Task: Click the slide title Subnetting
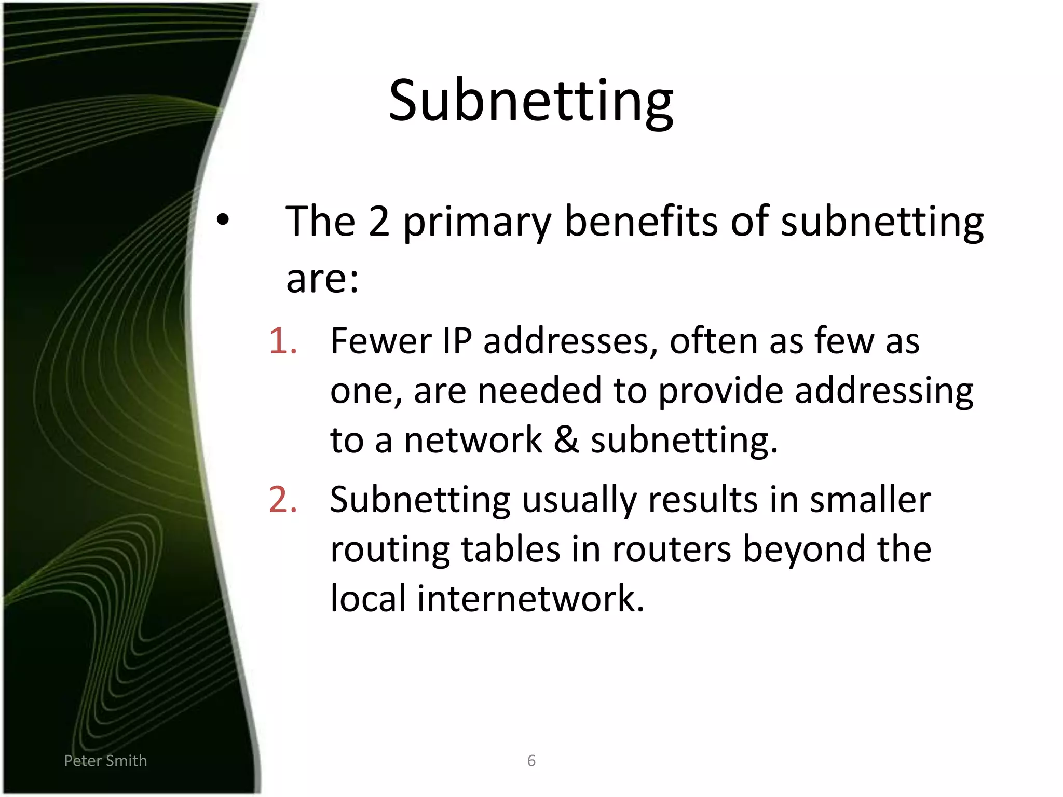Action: (530, 101)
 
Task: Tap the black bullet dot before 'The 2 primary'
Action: (223, 219)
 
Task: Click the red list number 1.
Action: (283, 341)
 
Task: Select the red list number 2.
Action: (283, 500)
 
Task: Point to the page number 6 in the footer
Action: (531, 761)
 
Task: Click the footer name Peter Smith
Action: (105, 761)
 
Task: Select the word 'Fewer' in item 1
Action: (380, 341)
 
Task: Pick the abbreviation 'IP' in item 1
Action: (457, 341)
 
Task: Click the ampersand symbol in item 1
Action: (566, 440)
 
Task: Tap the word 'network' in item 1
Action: (473, 440)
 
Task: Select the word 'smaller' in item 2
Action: (870, 500)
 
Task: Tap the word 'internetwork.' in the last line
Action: (530, 599)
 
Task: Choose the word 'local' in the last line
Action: (368, 599)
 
